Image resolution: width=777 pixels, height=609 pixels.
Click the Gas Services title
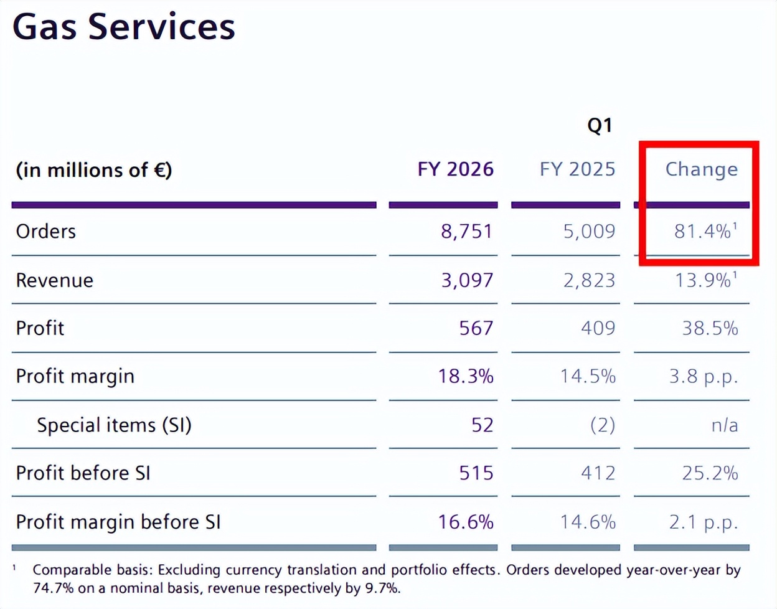pyautogui.click(x=123, y=26)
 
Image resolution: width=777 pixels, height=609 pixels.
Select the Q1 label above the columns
pyautogui.click(x=600, y=126)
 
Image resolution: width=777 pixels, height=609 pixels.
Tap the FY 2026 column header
pyautogui.click(x=455, y=169)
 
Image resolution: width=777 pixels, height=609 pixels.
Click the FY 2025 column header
pyautogui.click(x=577, y=169)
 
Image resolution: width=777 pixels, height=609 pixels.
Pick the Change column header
pyautogui.click(x=701, y=169)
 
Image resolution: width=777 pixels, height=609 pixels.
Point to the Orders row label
pyautogui.click(x=46, y=232)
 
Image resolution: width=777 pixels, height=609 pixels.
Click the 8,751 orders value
pyautogui.click(x=466, y=232)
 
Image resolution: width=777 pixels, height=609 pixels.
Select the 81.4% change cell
pyautogui.click(x=703, y=232)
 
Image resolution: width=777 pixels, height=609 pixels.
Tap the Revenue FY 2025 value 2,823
pyautogui.click(x=589, y=280)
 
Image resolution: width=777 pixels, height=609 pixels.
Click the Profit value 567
pyautogui.click(x=476, y=328)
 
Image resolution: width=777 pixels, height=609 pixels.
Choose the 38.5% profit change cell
pyautogui.click(x=710, y=328)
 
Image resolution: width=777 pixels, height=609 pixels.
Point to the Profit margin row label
pyautogui.click(x=75, y=376)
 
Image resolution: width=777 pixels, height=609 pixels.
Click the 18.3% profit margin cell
pyautogui.click(x=466, y=376)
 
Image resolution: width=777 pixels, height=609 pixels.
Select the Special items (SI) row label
pyautogui.click(x=114, y=425)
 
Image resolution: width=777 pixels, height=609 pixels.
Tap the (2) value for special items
pyautogui.click(x=602, y=425)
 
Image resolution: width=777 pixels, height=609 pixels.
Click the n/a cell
pyautogui.click(x=724, y=425)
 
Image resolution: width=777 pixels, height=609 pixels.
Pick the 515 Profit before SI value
pyautogui.click(x=476, y=473)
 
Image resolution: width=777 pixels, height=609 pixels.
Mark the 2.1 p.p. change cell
pyautogui.click(x=704, y=522)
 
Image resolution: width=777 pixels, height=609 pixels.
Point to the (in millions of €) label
pyautogui.click(x=93, y=170)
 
